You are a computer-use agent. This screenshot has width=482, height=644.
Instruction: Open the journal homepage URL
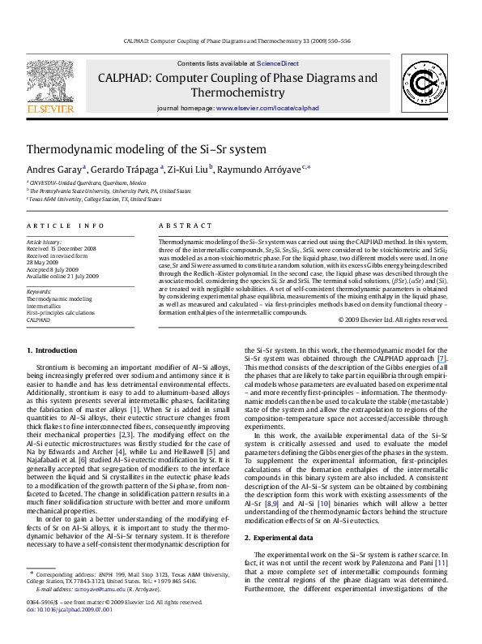(x=264, y=107)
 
